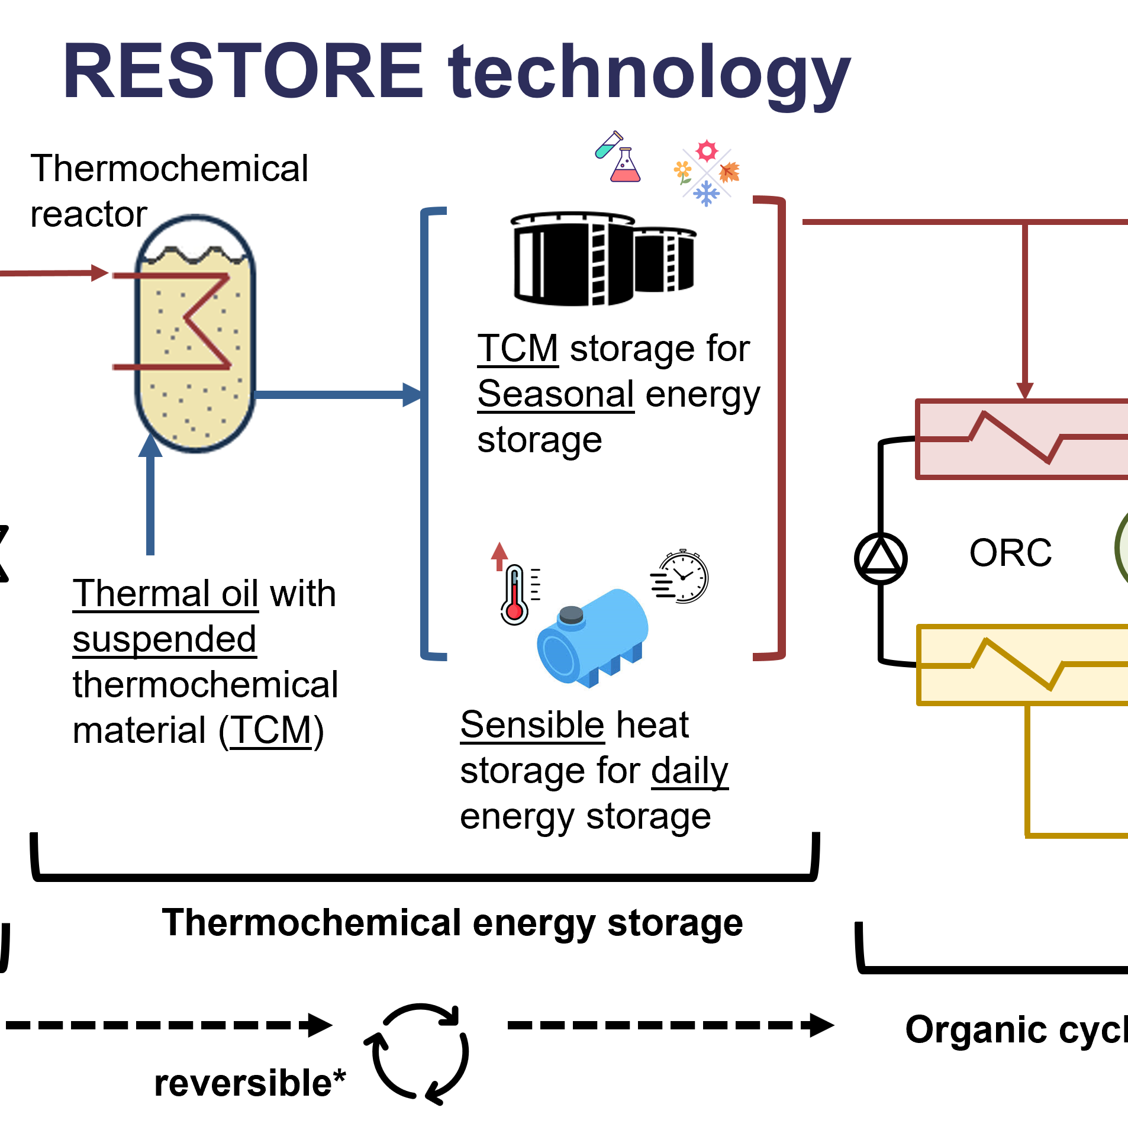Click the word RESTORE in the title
tap(243, 71)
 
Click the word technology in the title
tap(649, 74)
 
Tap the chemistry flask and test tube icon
tap(618, 157)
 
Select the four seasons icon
tap(707, 173)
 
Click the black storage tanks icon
tap(603, 260)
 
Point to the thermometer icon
tap(515, 595)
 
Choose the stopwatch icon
tap(683, 577)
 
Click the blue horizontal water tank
tap(592, 639)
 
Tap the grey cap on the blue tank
tap(571, 614)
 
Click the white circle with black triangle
tap(881, 558)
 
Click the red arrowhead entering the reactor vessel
tap(101, 273)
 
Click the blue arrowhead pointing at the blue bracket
tap(412, 395)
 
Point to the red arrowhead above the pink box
tap(1025, 391)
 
